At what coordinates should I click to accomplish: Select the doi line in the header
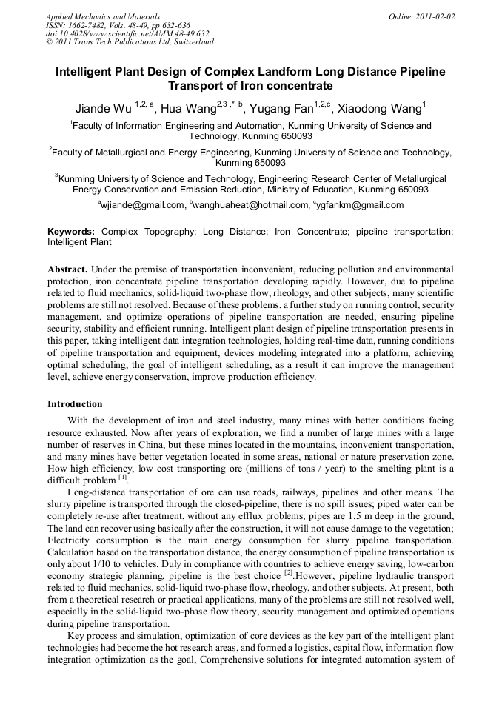pyautogui.click(x=127, y=33)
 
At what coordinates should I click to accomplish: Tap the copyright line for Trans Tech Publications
pyautogui.click(x=130, y=42)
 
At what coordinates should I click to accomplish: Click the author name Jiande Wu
pyautogui.click(x=103, y=108)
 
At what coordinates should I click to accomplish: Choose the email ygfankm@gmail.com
pyautogui.click(x=361, y=204)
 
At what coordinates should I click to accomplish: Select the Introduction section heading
pyautogui.click(x=75, y=404)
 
